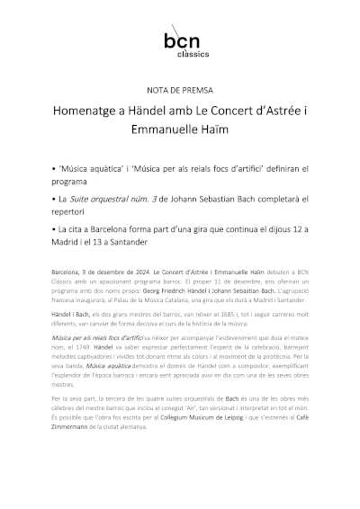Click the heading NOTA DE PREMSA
180,91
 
